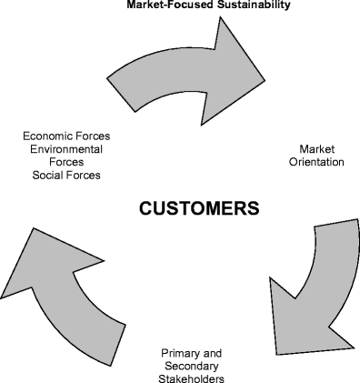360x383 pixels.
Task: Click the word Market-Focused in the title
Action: click(x=151, y=5)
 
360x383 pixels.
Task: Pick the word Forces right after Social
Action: click(x=83, y=175)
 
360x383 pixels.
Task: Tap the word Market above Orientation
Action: click(x=317, y=148)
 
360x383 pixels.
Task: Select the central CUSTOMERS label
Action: click(x=198, y=207)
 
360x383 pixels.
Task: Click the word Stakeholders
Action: click(x=192, y=378)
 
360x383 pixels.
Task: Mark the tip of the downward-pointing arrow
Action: click(x=275, y=354)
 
